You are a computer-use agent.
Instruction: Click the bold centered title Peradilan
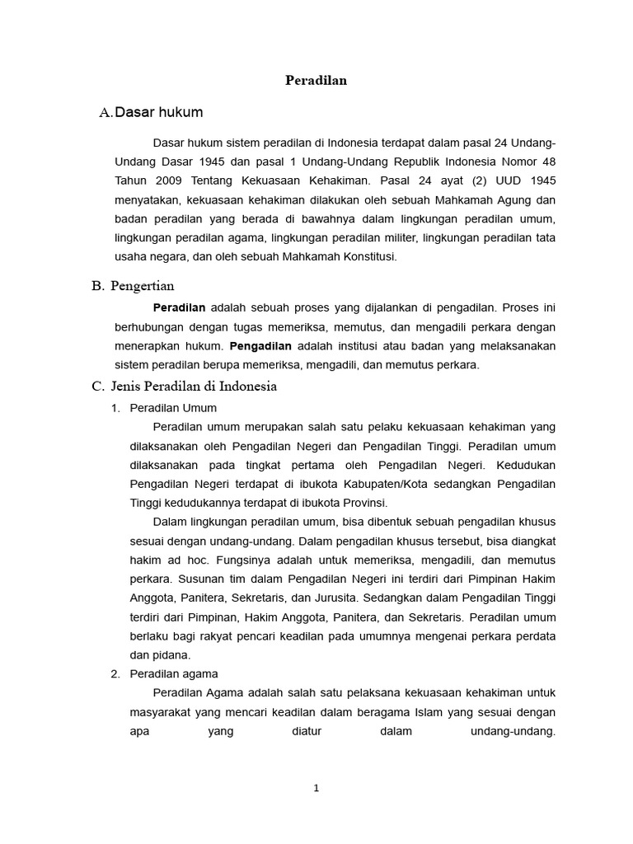316,80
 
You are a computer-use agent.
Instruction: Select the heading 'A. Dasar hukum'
150,112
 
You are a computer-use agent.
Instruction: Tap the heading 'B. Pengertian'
133,286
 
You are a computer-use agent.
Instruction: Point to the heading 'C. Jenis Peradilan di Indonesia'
184,386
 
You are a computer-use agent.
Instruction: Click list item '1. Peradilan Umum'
164,408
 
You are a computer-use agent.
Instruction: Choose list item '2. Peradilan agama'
164,674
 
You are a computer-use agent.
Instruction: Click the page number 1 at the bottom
316,788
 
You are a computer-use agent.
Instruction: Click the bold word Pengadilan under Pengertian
261,345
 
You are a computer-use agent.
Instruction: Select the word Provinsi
360,503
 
